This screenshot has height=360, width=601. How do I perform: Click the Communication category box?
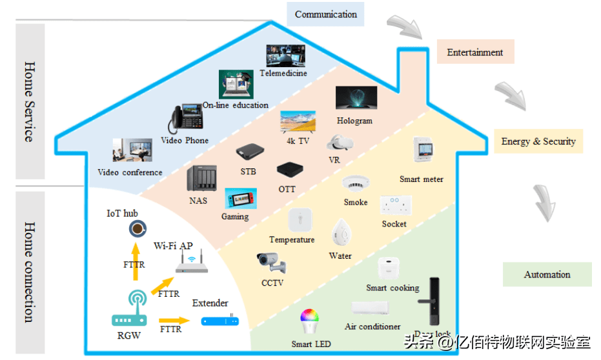(x=325, y=14)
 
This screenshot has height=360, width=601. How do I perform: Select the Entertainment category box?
(x=475, y=52)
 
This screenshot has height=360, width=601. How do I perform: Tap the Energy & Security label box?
(x=538, y=141)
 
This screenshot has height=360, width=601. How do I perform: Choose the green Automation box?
(x=547, y=274)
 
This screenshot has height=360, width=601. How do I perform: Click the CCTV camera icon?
(x=271, y=263)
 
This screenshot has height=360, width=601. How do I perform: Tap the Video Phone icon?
(x=185, y=119)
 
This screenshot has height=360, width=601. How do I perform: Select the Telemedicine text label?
(x=283, y=74)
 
